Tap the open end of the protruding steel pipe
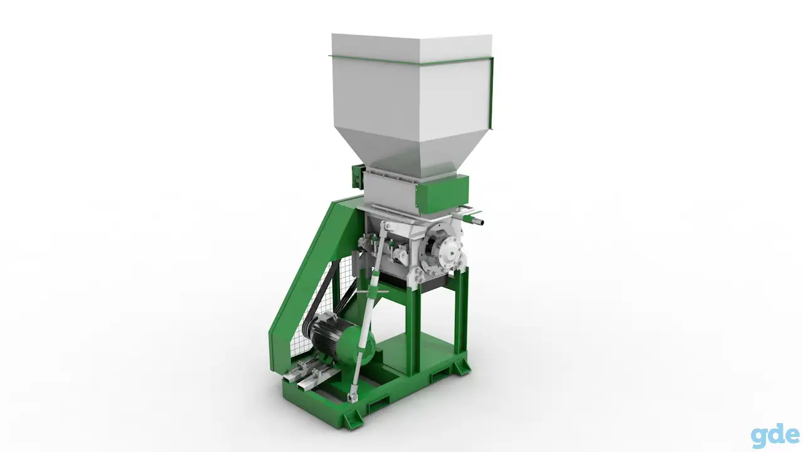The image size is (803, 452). pyautogui.click(x=481, y=222)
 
